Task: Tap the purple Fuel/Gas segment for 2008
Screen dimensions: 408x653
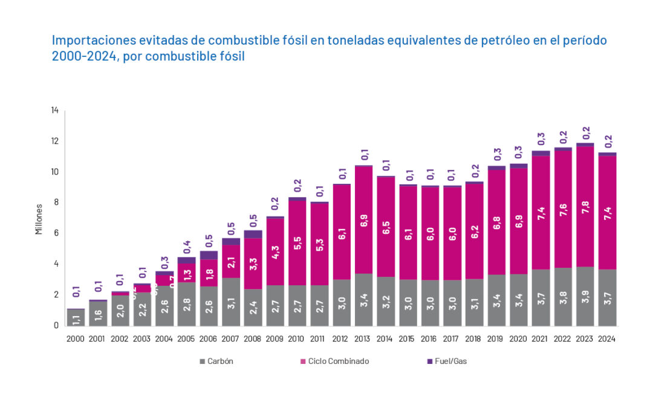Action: coord(253,234)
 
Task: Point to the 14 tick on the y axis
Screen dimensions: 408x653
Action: coord(55,111)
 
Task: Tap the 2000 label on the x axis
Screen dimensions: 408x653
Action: coord(76,339)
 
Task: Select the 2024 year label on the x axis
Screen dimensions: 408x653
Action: coord(606,339)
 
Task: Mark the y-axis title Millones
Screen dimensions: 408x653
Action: coord(39,218)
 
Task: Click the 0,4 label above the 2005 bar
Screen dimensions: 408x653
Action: coord(187,247)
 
